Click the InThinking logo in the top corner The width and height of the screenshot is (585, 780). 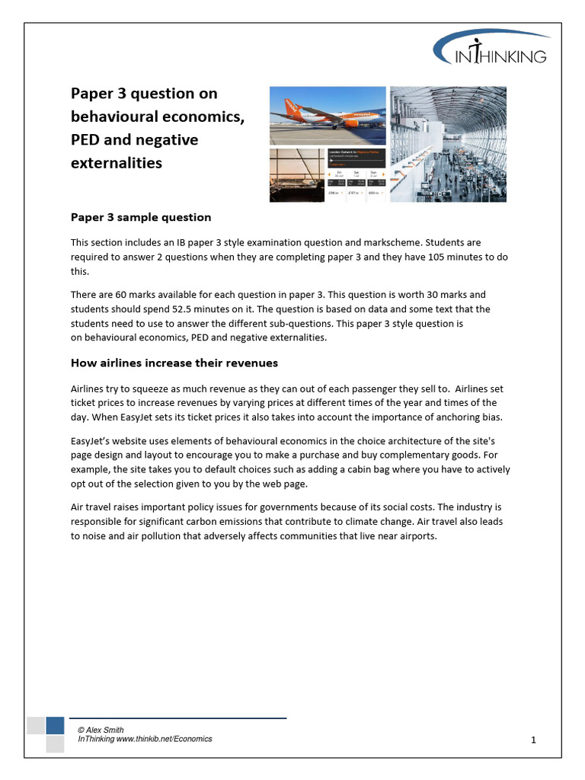click(x=492, y=50)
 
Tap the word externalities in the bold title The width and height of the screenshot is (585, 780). click(x=116, y=163)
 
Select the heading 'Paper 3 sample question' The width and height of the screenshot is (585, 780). click(x=141, y=217)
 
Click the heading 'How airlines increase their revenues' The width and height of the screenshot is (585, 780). click(x=174, y=363)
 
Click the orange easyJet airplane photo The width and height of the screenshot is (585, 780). click(x=328, y=115)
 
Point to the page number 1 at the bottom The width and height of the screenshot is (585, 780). click(x=534, y=740)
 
